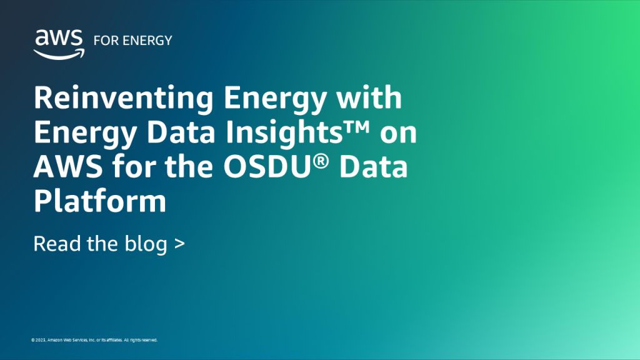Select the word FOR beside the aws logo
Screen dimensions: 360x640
coord(103,41)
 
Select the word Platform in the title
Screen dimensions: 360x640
coord(100,201)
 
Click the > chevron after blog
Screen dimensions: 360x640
coord(179,244)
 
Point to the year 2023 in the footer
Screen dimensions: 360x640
coord(41,340)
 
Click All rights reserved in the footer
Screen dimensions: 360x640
coord(140,340)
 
